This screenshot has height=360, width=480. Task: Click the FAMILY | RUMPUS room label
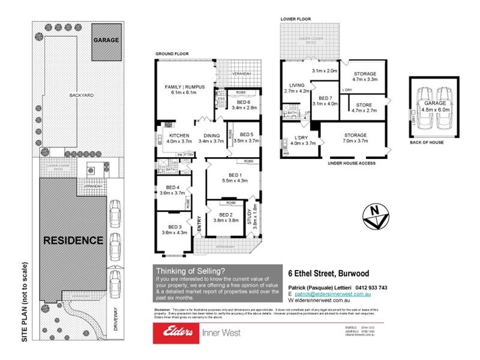point(185,87)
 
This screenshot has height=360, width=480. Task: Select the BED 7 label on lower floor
point(325,98)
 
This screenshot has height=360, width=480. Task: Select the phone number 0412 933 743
point(370,287)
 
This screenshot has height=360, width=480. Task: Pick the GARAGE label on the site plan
point(105,40)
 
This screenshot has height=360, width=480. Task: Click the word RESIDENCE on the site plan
point(73,241)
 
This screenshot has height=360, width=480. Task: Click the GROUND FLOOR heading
point(172,54)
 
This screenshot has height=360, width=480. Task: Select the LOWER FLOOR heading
point(295,19)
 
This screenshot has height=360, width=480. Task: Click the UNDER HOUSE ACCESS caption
point(351,163)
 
